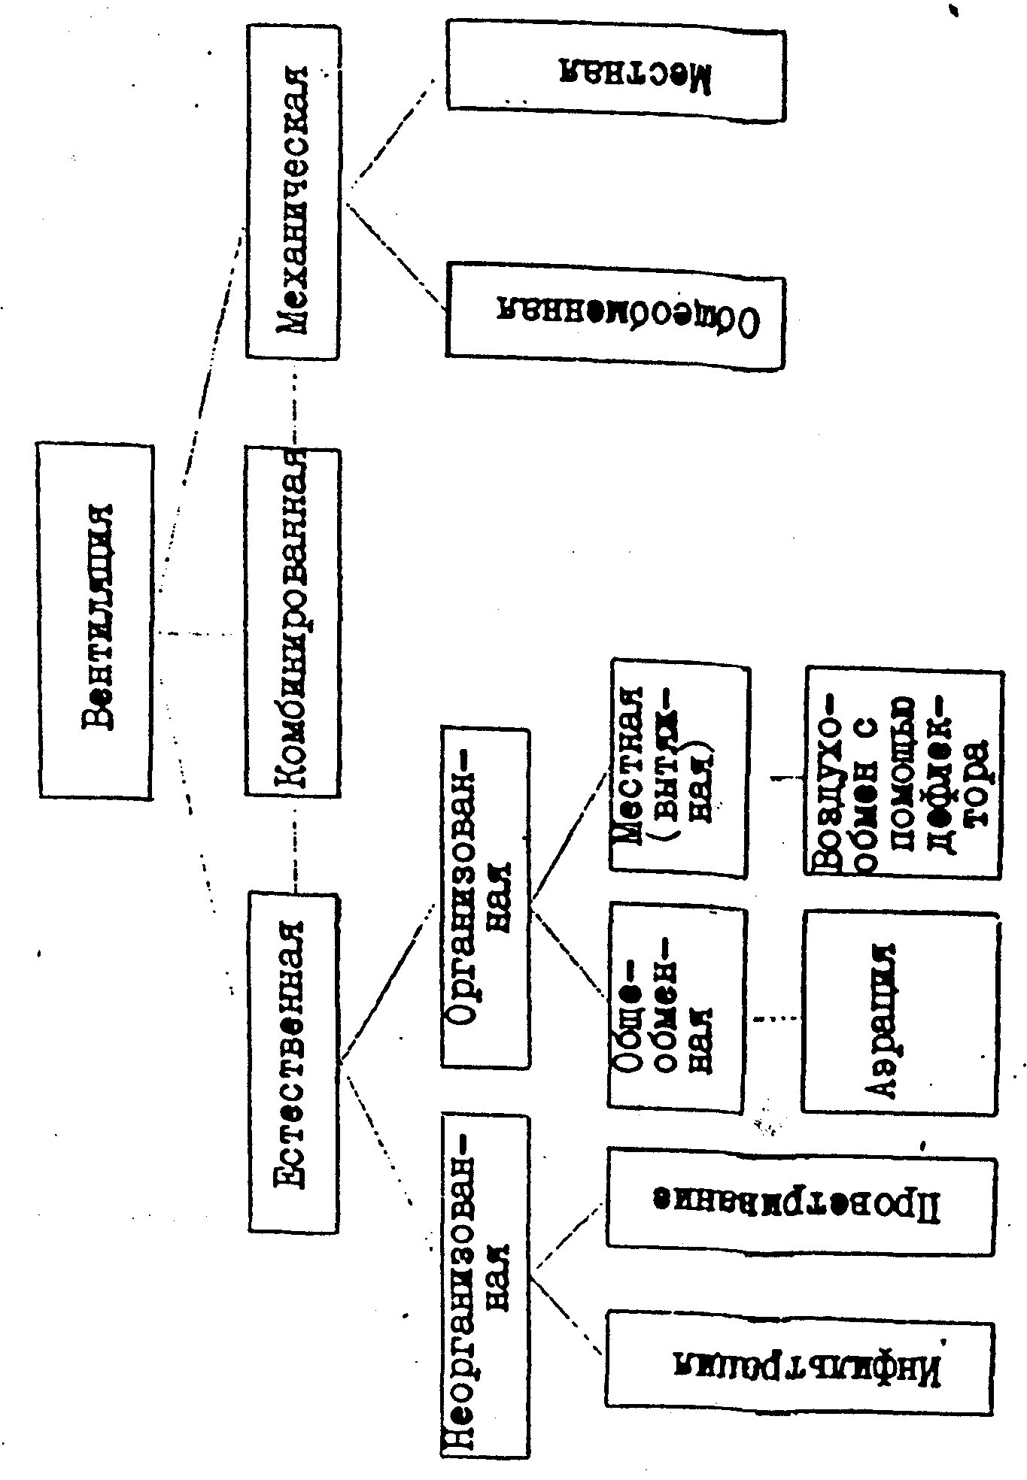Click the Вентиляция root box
(96, 620)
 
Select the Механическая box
(293, 193)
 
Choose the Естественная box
(294, 1060)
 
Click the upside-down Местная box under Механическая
(615, 75)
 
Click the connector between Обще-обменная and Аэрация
(775, 1019)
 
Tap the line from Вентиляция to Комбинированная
(199, 634)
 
